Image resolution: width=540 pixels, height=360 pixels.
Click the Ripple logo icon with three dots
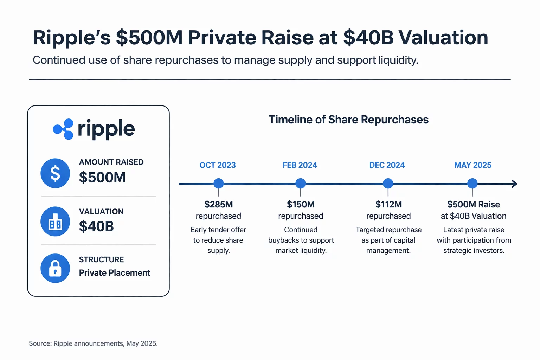coord(63,129)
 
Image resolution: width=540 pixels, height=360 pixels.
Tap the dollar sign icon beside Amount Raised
coord(55,173)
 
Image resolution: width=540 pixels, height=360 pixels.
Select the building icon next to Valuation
coord(55,221)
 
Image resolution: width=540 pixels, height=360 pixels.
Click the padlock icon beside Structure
coord(55,268)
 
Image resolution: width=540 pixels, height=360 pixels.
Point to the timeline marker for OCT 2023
coord(219,183)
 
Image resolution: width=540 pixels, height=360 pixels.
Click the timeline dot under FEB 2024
coord(300,183)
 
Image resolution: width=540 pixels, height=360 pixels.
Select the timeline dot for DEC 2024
coord(388,183)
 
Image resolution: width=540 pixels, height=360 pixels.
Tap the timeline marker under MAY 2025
coord(472,183)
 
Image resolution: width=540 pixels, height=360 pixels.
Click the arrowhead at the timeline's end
coord(514,184)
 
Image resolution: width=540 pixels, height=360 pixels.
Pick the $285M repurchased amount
coord(218,204)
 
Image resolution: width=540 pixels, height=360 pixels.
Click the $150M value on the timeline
coord(301,204)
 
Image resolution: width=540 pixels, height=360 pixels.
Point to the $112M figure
coord(388,204)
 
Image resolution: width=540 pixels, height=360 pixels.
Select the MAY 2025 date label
coord(472,165)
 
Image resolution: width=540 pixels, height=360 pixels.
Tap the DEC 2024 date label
coord(387,165)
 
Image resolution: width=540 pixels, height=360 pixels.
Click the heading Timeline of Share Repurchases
coord(348,120)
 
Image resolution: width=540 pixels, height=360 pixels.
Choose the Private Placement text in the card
coord(114,273)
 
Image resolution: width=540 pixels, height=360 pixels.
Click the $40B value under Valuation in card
coord(96,226)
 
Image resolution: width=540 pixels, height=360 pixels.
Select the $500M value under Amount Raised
coord(102,177)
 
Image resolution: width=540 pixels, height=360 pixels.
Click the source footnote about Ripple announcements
coord(93,343)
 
